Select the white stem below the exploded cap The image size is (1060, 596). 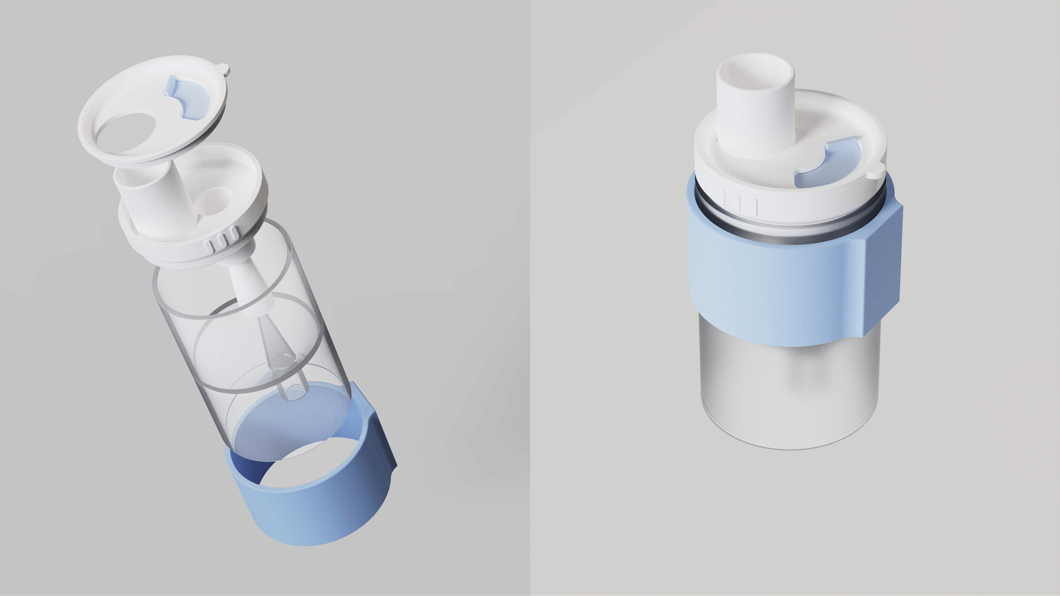247,288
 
